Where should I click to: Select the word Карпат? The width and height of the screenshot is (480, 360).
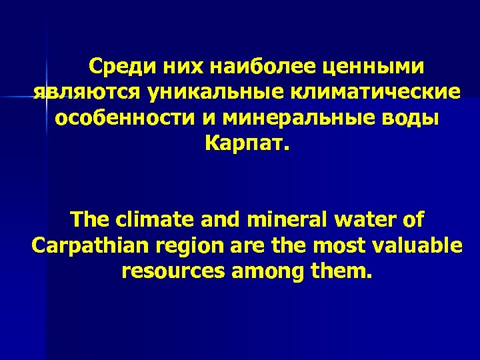[x=244, y=143]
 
